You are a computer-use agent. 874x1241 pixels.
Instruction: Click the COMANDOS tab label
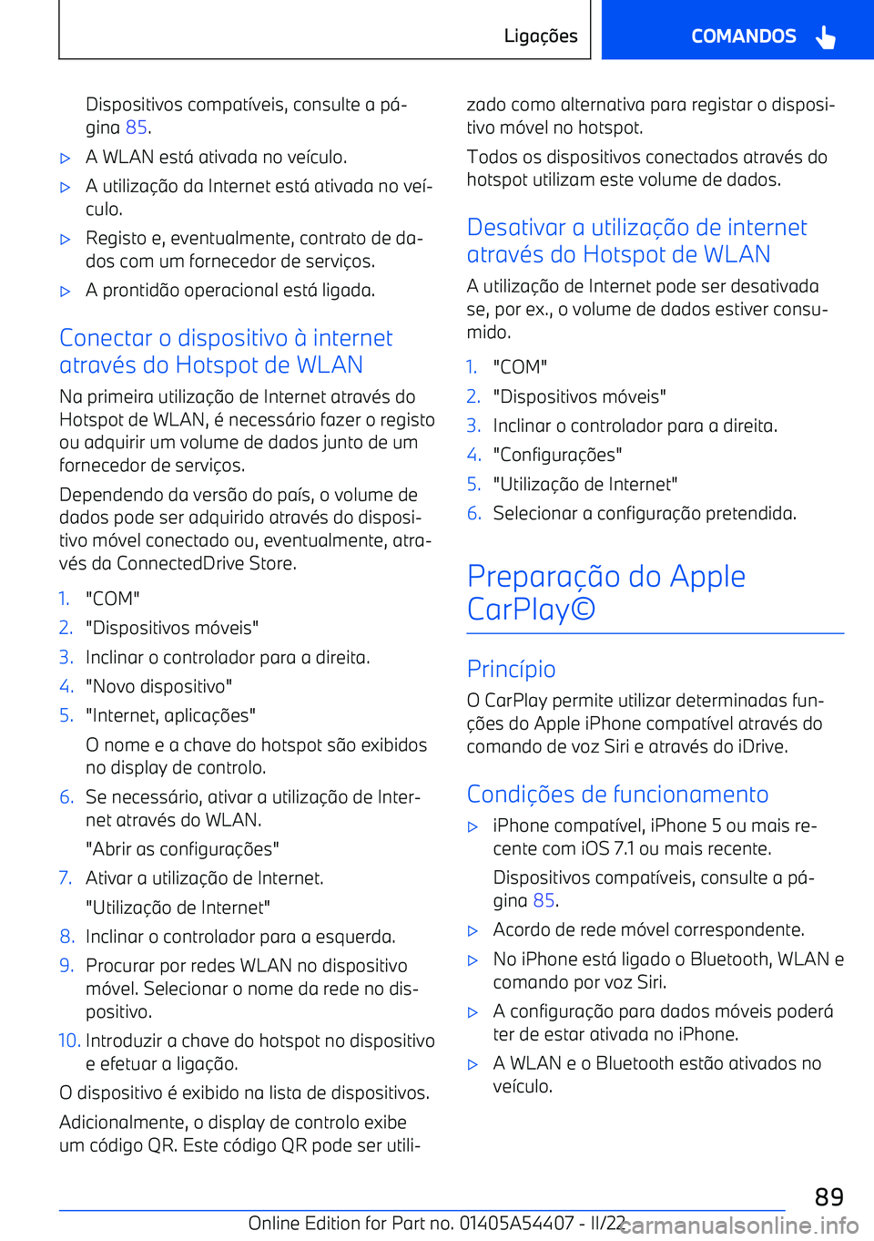pyautogui.click(x=743, y=36)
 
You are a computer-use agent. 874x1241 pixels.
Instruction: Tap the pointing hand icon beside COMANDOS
pyautogui.click(x=826, y=37)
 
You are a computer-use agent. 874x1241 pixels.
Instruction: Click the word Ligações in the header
pyautogui.click(x=541, y=36)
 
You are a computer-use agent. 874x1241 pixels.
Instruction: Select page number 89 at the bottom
pyautogui.click(x=828, y=1196)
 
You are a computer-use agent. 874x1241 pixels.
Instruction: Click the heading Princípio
pyautogui.click(x=511, y=669)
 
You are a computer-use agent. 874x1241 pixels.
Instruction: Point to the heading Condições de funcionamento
pyautogui.click(x=617, y=794)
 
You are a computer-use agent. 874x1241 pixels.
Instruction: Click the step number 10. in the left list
pyautogui.click(x=69, y=1041)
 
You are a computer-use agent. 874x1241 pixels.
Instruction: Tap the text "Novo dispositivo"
pyautogui.click(x=158, y=686)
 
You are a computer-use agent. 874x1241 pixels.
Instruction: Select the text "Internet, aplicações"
pyautogui.click(x=170, y=715)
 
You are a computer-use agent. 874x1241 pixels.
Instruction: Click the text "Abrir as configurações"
pyautogui.click(x=182, y=849)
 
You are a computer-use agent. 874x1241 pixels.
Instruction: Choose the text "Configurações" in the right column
pyautogui.click(x=557, y=455)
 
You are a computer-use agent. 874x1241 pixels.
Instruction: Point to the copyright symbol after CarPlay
pyautogui.click(x=583, y=609)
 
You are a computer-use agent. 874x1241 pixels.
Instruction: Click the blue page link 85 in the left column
pyautogui.click(x=137, y=128)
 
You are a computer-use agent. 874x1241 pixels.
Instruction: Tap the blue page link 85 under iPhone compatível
pyautogui.click(x=544, y=900)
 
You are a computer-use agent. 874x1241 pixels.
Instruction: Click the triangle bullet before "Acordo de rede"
pyautogui.click(x=473, y=931)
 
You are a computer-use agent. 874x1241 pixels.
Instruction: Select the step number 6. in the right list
pyautogui.click(x=473, y=513)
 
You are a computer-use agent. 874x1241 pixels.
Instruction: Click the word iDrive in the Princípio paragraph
pyautogui.click(x=762, y=746)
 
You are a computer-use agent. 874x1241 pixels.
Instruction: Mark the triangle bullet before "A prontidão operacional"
pyautogui.click(x=65, y=292)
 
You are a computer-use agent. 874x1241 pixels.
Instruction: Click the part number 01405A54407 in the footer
pyautogui.click(x=517, y=1223)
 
